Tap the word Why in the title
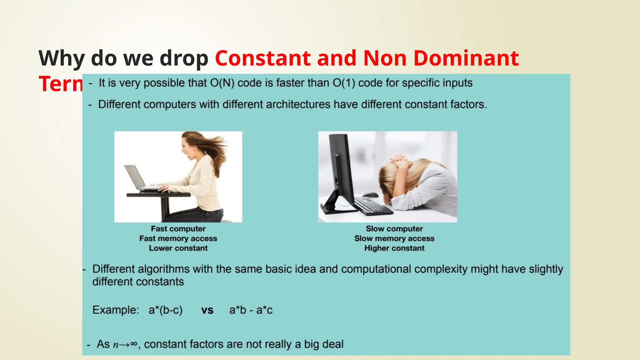61,59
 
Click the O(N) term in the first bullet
222,83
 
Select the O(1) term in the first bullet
344,83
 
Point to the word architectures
276,104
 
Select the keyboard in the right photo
373,206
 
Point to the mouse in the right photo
371,195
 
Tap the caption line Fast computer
178,229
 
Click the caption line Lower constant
178,248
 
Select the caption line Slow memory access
394,238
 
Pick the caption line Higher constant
394,248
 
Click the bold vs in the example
207,310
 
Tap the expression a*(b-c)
165,310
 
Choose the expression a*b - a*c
251,310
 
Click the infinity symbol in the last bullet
133,344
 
